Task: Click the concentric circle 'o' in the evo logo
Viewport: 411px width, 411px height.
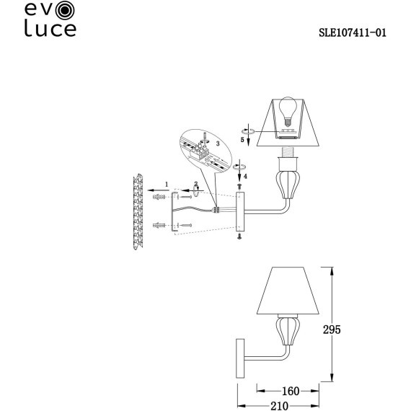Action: pos(65,10)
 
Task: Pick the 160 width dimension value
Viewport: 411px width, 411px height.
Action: pos(291,392)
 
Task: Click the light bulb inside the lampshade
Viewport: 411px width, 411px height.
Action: pos(288,111)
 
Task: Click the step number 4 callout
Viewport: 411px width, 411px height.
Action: pos(246,175)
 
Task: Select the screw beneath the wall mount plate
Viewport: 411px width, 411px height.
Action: pos(239,235)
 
